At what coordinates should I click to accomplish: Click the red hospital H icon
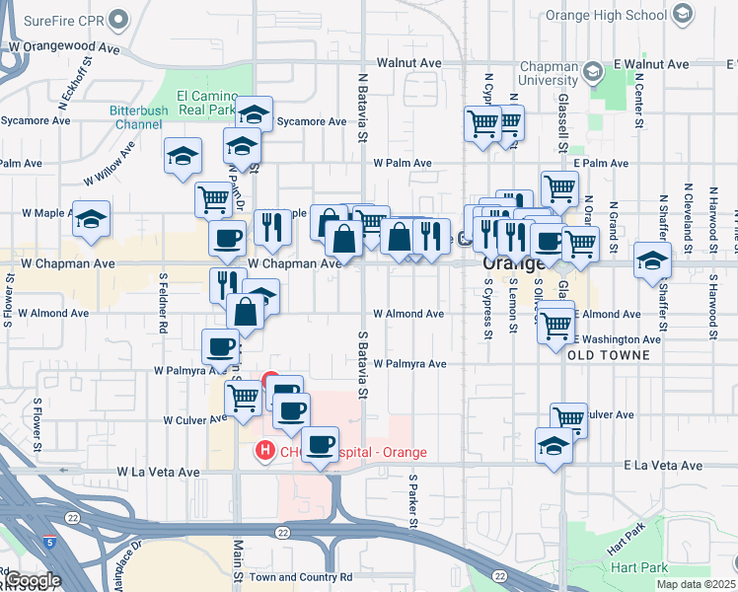tap(264, 452)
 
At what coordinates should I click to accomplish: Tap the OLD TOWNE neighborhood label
tap(610, 355)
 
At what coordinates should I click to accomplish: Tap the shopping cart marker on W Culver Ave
tap(243, 400)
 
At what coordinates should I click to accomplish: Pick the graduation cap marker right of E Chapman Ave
tap(653, 260)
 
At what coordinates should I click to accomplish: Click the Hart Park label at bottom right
tap(637, 567)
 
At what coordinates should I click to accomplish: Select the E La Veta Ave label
tap(663, 465)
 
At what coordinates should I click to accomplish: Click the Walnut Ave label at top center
tap(408, 63)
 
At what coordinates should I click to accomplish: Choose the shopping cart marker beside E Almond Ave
tap(556, 322)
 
